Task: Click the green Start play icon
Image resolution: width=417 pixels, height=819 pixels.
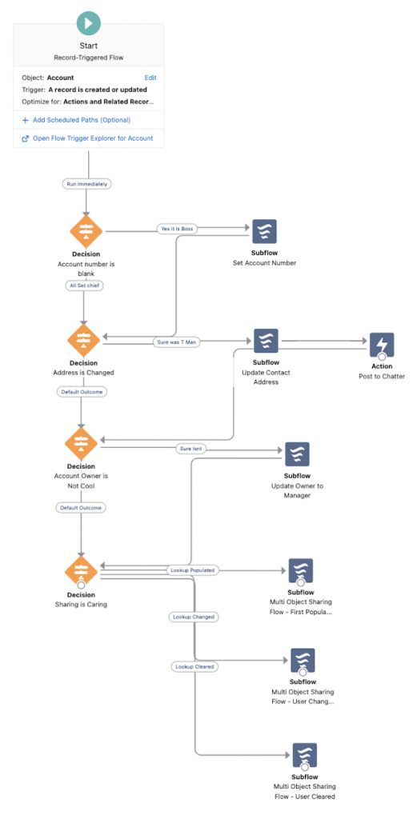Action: [x=88, y=22]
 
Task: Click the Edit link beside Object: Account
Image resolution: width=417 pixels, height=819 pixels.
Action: [x=150, y=78]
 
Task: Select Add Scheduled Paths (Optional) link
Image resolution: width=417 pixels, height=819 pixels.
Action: [x=81, y=120]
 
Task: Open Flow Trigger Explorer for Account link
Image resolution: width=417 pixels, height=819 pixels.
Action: [x=92, y=138]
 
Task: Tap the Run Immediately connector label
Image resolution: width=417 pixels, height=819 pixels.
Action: [x=87, y=183]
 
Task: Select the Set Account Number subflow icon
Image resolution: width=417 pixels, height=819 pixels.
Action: [x=264, y=232]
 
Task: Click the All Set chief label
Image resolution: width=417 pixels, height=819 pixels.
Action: [x=84, y=285]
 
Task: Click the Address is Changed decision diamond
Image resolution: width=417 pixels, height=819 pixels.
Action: [x=84, y=340]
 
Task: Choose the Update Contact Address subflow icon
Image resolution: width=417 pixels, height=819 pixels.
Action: [x=266, y=341]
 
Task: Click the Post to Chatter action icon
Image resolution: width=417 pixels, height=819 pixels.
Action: [x=381, y=345]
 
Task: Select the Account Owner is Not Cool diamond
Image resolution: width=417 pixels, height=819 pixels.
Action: [x=81, y=442]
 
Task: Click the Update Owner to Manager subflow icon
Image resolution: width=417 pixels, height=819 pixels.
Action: [x=297, y=454]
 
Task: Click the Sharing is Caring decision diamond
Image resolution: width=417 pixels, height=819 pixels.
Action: [x=81, y=571]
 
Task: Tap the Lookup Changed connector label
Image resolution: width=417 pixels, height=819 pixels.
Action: [x=194, y=617]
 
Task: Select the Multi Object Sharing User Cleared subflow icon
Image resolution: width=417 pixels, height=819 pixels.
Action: [x=304, y=755]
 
